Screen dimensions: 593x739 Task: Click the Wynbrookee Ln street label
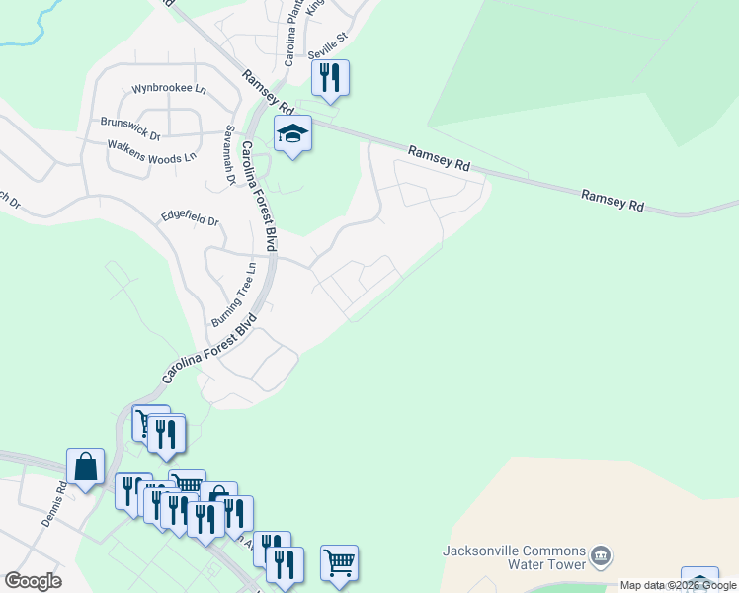169,88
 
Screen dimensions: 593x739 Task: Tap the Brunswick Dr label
129,123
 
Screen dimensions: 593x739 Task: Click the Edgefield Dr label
189,218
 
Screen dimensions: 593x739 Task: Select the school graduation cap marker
292,133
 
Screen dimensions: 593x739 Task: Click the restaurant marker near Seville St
330,78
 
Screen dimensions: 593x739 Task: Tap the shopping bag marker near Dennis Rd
85,466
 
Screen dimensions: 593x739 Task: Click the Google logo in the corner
33,581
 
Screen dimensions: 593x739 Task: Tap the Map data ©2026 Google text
679,585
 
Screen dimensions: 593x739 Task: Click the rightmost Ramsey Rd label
613,201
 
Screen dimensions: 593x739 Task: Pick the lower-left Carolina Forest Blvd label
210,350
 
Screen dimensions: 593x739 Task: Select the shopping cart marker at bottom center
339,562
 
